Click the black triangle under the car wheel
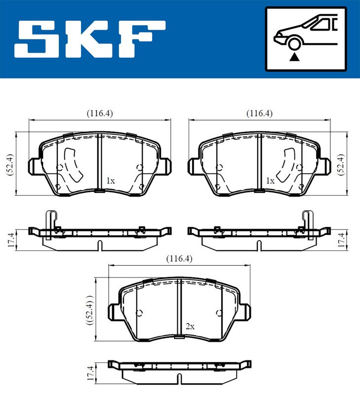[x=295, y=57]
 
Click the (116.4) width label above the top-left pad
[x=100, y=113]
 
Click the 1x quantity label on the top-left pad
[x=111, y=181]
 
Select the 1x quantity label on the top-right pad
[x=270, y=181]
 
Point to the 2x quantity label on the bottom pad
[x=190, y=326]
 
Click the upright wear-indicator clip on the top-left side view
[x=49, y=225]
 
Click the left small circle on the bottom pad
[x=139, y=313]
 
